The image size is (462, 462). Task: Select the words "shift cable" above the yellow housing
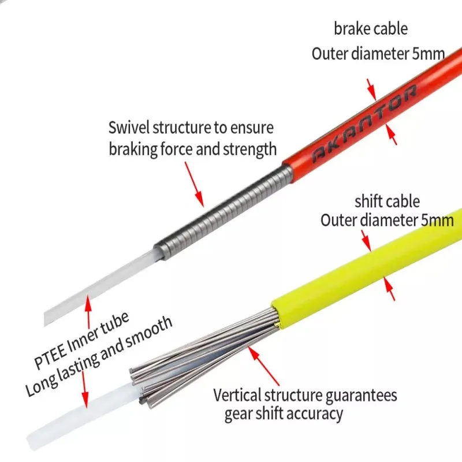coord(386,202)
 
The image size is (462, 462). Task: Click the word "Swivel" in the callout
coord(129,128)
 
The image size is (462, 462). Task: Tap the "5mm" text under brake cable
coord(430,54)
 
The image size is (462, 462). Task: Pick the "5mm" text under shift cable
coord(438,220)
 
